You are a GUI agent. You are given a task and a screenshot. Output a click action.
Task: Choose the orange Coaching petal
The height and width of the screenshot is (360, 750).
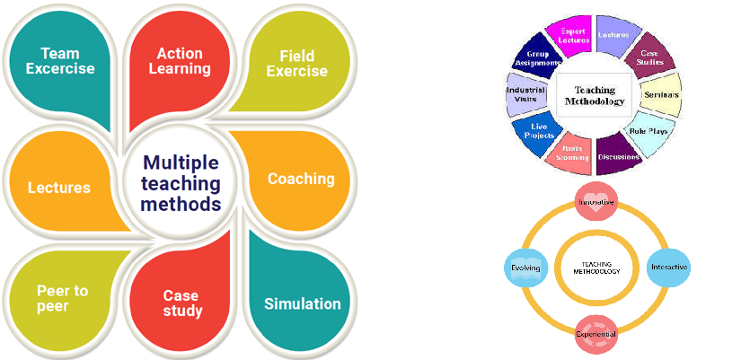pyautogui.click(x=300, y=179)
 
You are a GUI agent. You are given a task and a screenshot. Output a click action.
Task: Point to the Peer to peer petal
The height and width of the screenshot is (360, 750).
pyautogui.click(x=61, y=299)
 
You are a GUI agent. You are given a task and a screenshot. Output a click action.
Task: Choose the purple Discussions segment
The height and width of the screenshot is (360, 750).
pyautogui.click(x=618, y=154)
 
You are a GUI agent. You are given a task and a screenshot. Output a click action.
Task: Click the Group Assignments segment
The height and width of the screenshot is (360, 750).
pyautogui.click(x=538, y=57)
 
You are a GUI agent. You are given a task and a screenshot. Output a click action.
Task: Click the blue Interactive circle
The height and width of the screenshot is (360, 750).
pyautogui.click(x=668, y=268)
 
